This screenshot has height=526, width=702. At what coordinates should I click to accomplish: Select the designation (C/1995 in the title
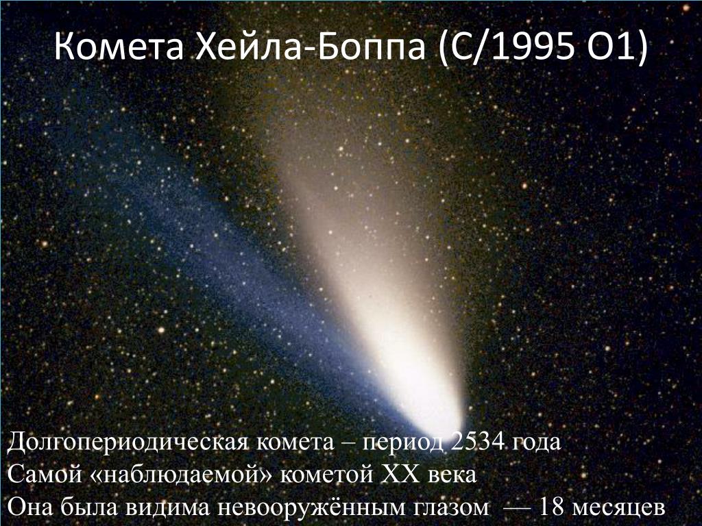[x=506, y=47]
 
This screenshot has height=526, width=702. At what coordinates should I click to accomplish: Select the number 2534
[x=477, y=441]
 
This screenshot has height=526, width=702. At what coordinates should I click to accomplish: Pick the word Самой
[x=45, y=474]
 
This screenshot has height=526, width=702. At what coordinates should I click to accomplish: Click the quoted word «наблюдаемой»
[x=181, y=475]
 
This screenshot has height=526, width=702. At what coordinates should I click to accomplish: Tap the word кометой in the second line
[x=326, y=475]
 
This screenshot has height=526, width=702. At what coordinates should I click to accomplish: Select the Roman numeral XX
[x=400, y=474]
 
